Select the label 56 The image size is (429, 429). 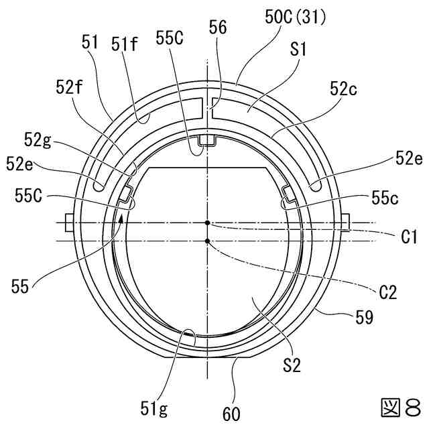[x=218, y=27]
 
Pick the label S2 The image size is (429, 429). [x=292, y=365]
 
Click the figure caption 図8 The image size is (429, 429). [x=400, y=407]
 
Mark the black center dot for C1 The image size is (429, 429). [x=208, y=223]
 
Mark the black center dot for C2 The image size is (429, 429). [x=208, y=241]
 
